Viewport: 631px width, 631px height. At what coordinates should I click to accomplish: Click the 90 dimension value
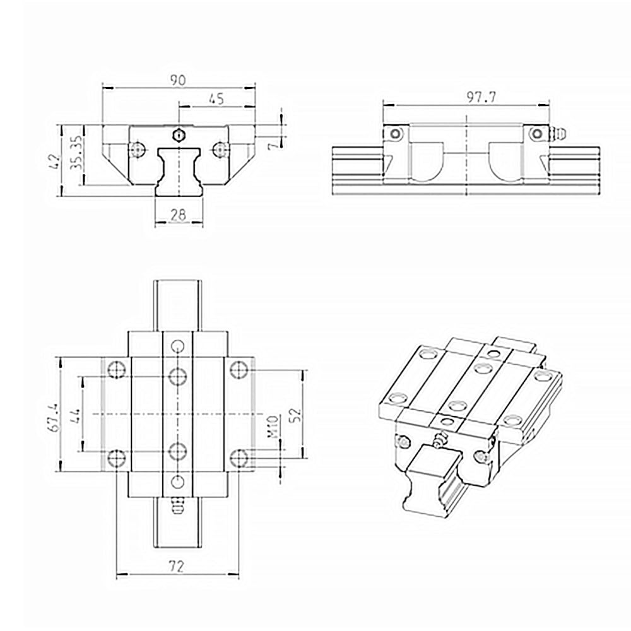pos(177,80)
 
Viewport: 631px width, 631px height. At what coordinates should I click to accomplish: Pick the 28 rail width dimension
pos(178,216)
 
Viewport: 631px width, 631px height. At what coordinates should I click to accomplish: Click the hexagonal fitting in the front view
pos(178,134)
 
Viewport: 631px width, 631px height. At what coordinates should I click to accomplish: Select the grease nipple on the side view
pos(558,134)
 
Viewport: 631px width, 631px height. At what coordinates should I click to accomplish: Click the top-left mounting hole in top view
pos(116,369)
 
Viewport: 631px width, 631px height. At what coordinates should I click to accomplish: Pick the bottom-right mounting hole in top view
pos(239,457)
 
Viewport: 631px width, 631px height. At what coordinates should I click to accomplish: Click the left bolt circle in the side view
pos(394,134)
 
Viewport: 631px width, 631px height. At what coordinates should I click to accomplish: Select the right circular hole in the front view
pos(219,150)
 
